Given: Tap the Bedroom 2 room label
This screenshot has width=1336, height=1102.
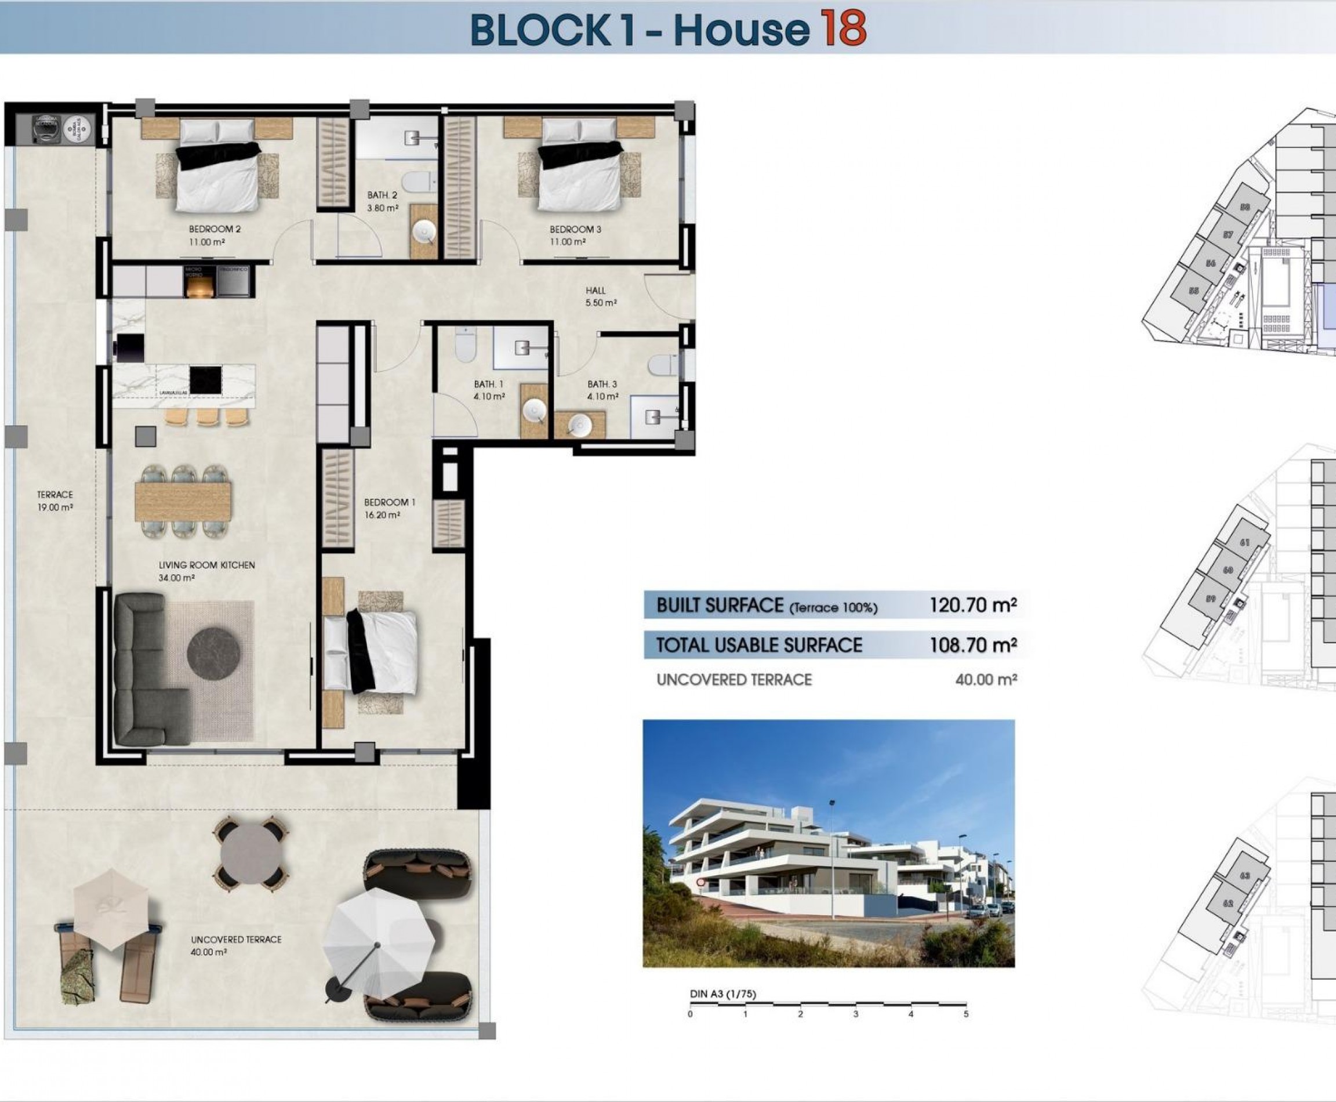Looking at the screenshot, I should [215, 229].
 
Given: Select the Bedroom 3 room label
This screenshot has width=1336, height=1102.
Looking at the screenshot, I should [575, 229].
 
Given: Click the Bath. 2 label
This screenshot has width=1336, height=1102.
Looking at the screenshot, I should [382, 195].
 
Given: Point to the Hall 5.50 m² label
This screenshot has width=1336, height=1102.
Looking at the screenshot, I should [600, 296].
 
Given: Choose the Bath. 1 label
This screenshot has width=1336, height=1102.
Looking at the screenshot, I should [489, 385].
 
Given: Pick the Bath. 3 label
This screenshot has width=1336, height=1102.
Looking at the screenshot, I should [602, 385].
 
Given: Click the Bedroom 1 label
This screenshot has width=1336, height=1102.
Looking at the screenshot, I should [389, 502].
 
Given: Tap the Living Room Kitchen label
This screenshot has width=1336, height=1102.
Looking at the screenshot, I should [206, 565].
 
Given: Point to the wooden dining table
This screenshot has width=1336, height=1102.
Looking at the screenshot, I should [183, 502].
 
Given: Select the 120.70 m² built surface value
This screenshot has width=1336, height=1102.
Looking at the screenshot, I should [973, 605].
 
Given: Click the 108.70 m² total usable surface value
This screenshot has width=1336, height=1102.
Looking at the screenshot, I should [973, 645].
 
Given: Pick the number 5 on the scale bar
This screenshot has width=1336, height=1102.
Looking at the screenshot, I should [965, 1014].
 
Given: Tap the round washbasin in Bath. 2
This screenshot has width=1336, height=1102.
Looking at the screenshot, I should [423, 234].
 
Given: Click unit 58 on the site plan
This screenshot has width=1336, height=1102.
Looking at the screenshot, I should [1244, 207].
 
